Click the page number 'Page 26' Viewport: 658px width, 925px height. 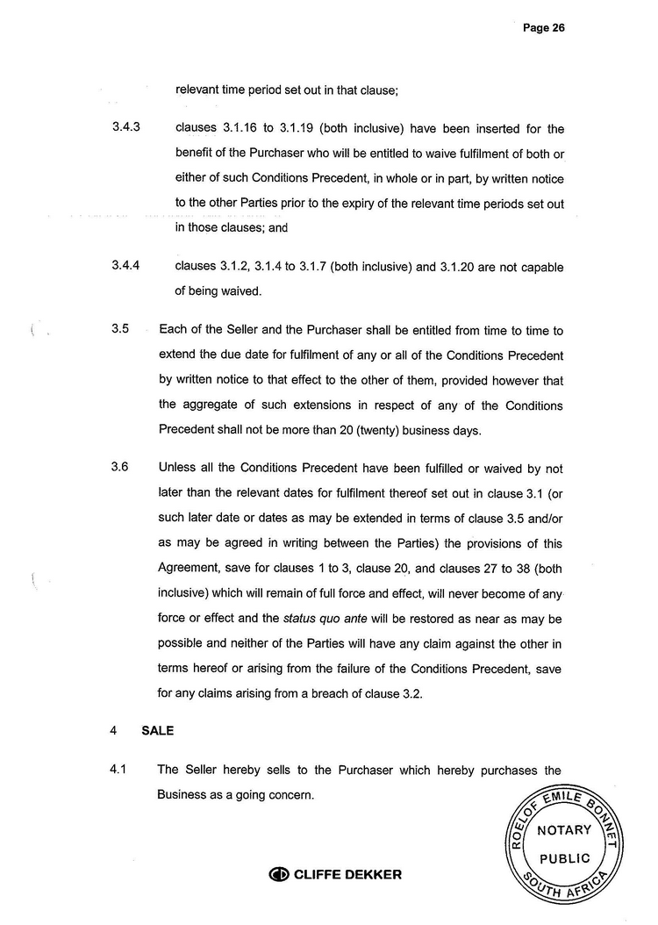point(543,27)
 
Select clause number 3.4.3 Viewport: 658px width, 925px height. point(126,129)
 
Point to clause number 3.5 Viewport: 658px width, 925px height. point(119,330)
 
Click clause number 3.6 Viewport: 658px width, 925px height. point(119,467)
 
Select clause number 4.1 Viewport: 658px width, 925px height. point(118,770)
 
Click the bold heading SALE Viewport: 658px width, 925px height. point(157,730)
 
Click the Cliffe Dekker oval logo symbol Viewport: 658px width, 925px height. point(279,874)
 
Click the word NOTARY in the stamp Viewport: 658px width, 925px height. point(563,830)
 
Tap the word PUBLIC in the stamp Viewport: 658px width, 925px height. point(563,858)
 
